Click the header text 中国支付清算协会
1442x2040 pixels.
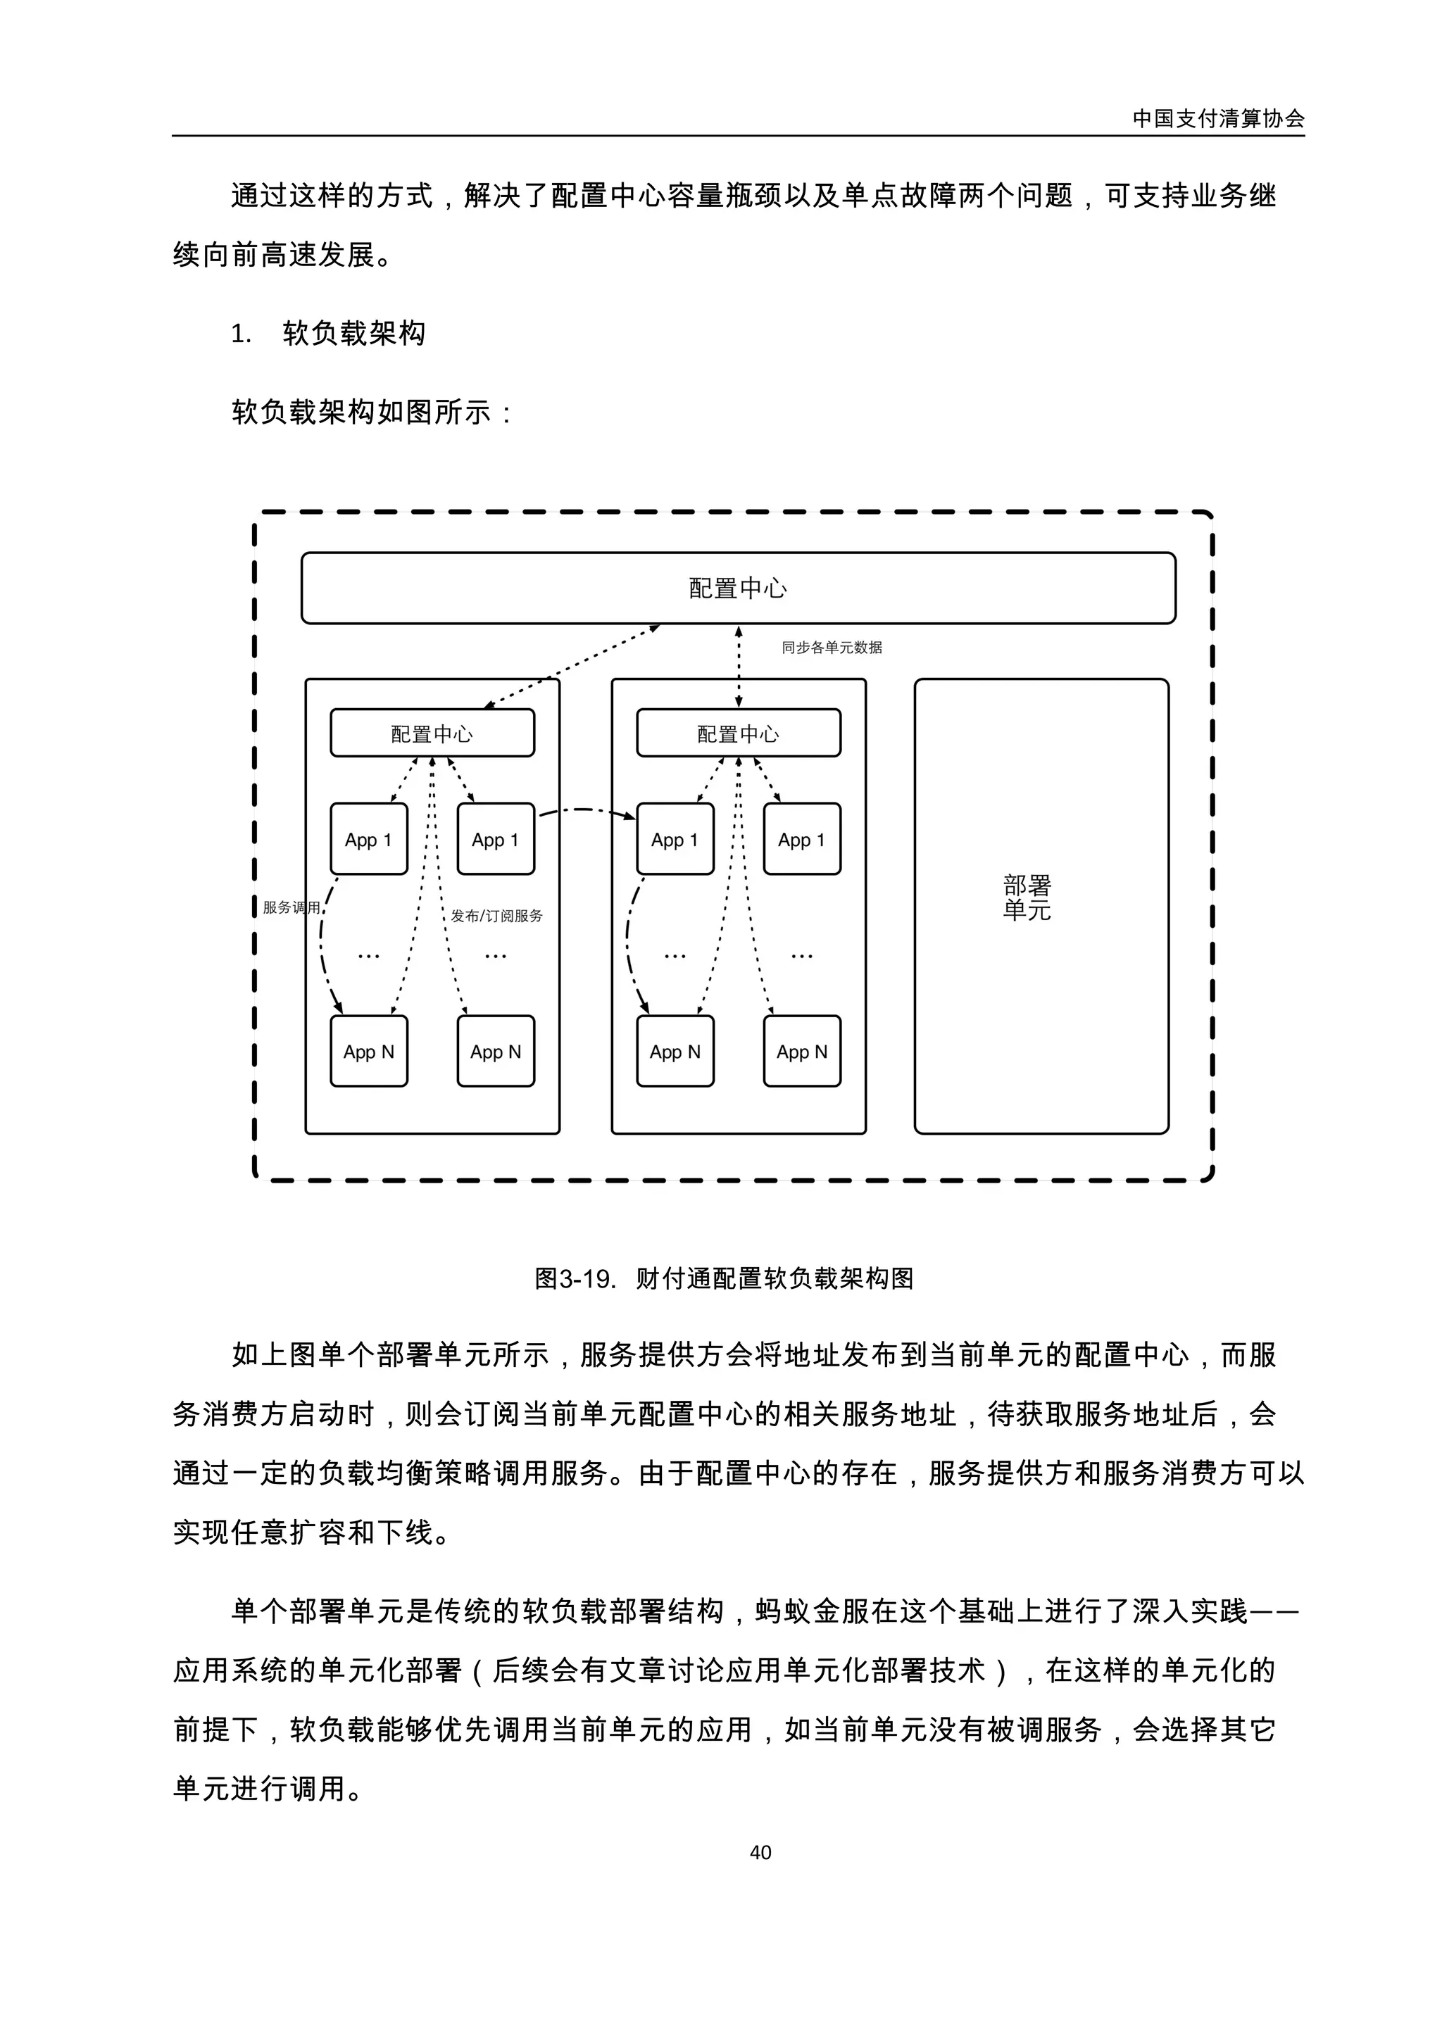[x=1218, y=118]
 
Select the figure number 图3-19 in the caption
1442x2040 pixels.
[x=574, y=1278]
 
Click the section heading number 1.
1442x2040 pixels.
[x=241, y=334]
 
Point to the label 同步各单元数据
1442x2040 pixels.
[x=832, y=648]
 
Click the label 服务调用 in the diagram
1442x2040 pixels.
[x=291, y=907]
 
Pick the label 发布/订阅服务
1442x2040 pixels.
[x=496, y=915]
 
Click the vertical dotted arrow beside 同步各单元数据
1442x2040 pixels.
[x=739, y=667]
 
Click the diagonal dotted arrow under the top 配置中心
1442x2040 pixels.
[x=572, y=667]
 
